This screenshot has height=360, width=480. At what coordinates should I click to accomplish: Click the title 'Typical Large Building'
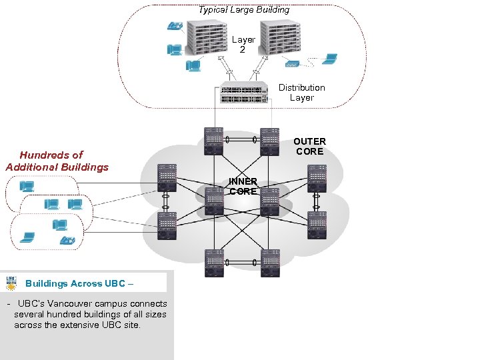pyautogui.click(x=244, y=10)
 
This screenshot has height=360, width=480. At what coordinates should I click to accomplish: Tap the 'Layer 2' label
pyautogui.click(x=243, y=45)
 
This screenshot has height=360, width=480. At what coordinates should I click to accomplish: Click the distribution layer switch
pyautogui.click(x=244, y=94)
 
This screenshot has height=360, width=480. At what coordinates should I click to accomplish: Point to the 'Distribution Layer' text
pyautogui.click(x=301, y=93)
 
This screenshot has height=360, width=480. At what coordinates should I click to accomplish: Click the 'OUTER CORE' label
pyautogui.click(x=309, y=146)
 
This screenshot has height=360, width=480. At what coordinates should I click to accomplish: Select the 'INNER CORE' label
pyautogui.click(x=243, y=187)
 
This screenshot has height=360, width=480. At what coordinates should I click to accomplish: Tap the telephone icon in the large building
pyautogui.click(x=175, y=27)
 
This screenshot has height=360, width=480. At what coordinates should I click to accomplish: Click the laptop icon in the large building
pyautogui.click(x=329, y=59)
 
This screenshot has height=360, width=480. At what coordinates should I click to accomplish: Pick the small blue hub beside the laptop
pyautogui.click(x=292, y=65)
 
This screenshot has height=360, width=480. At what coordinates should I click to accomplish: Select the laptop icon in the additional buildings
pyautogui.click(x=28, y=236)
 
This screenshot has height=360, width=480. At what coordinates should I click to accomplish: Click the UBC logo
pyautogui.click(x=11, y=282)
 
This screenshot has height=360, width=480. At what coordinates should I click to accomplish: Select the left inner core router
pyautogui.click(x=215, y=201)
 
